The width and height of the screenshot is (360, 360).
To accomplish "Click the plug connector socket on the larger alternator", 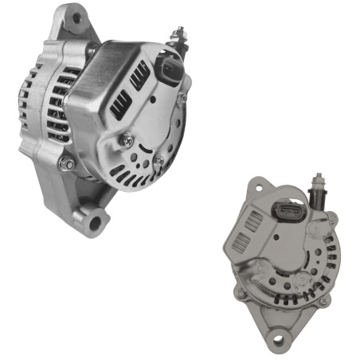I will [x=171, y=69].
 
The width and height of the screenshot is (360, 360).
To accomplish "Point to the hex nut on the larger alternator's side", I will [x=67, y=165].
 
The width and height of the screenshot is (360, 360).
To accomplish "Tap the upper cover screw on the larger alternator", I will [x=126, y=140].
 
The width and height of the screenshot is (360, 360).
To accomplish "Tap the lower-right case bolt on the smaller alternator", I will [x=323, y=302].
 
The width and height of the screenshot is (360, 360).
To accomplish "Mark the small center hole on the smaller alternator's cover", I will [x=276, y=237].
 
